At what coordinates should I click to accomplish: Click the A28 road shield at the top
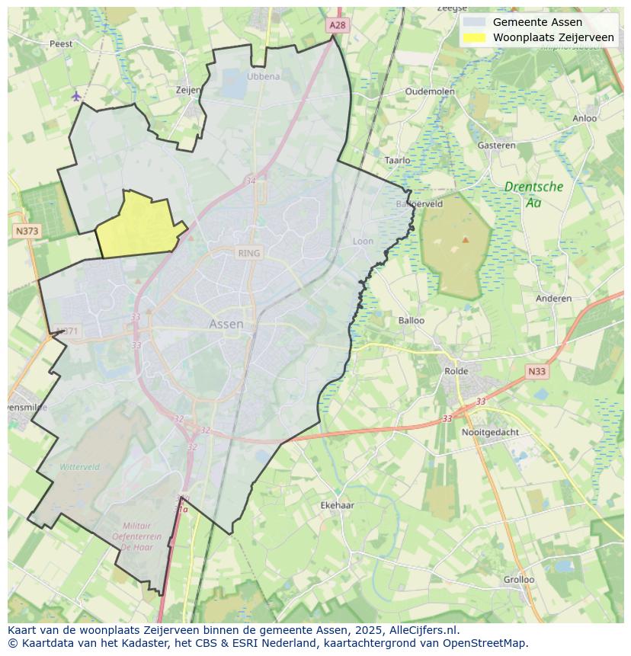click(x=338, y=25)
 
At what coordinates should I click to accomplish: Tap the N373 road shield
click(x=27, y=230)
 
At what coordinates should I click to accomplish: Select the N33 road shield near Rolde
click(x=537, y=371)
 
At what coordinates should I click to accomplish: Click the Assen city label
click(x=226, y=324)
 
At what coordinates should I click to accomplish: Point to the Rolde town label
click(x=456, y=371)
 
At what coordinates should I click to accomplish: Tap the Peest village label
click(x=61, y=43)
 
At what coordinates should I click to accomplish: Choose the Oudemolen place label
click(x=430, y=91)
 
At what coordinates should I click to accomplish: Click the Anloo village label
click(x=585, y=118)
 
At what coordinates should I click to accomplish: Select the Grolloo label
click(x=519, y=579)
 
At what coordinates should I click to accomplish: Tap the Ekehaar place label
click(x=338, y=505)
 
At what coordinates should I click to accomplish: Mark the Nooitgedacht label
click(x=490, y=432)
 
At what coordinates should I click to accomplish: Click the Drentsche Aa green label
click(x=533, y=194)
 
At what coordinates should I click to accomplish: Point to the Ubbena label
click(x=264, y=76)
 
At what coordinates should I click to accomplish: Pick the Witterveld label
click(x=80, y=466)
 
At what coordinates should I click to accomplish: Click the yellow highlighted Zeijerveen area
click(x=139, y=226)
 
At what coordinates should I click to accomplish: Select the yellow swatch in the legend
click(x=473, y=37)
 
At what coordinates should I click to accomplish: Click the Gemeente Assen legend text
click(x=537, y=22)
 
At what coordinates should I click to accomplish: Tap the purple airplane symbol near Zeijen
click(x=76, y=96)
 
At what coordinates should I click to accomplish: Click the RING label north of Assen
click(x=248, y=253)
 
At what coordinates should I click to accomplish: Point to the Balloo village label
click(x=412, y=320)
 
